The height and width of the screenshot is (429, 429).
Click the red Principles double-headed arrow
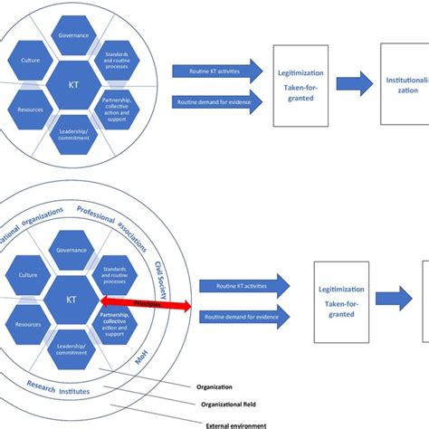(x=146, y=306)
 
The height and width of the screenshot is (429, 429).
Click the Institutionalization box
(x=404, y=84)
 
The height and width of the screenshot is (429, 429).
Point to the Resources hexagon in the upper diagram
(x=30, y=110)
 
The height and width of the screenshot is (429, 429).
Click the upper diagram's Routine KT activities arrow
(x=215, y=71)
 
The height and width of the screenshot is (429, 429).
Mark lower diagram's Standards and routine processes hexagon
(x=115, y=274)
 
